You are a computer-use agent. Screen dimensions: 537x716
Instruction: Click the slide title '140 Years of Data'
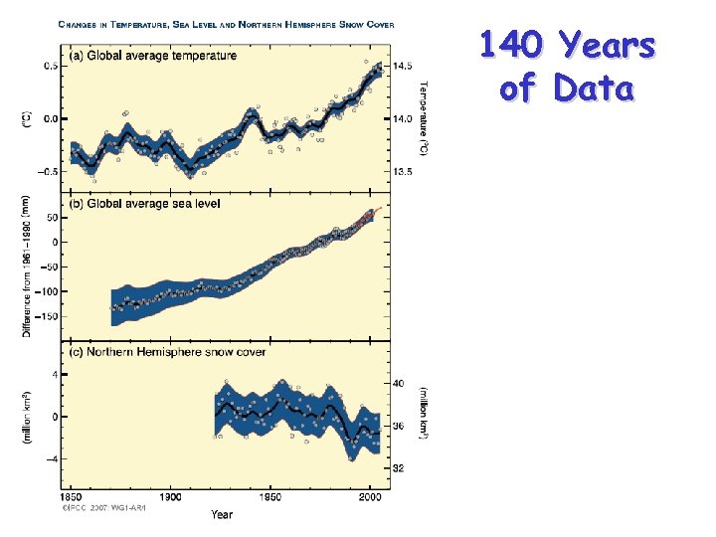click(x=567, y=67)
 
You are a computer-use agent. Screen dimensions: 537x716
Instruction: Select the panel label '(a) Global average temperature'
click(x=155, y=56)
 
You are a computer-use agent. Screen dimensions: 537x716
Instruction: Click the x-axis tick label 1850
click(x=72, y=496)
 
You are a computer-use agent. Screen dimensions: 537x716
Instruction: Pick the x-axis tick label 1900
click(x=170, y=496)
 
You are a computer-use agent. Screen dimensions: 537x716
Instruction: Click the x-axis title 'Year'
click(x=222, y=514)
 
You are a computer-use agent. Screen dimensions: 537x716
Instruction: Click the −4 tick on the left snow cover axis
click(x=47, y=458)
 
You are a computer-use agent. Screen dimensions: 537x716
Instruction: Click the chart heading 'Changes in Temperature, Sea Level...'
click(x=226, y=23)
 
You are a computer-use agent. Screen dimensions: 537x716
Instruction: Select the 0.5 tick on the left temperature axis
click(x=48, y=66)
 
